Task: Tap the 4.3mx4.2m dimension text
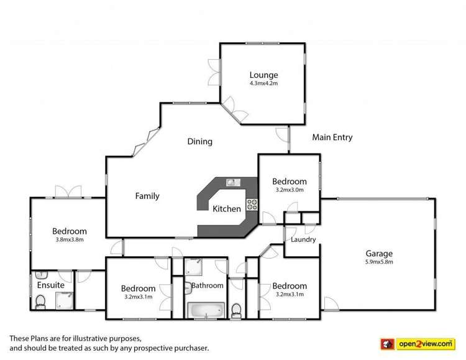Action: (x=263, y=83)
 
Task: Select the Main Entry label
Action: (x=332, y=137)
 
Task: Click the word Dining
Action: (x=200, y=141)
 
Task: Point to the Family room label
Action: (x=147, y=196)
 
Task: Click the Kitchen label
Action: (x=227, y=209)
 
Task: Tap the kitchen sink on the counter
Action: (x=234, y=182)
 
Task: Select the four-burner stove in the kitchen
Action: (x=252, y=203)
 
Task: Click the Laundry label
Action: (x=303, y=239)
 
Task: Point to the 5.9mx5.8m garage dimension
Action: (x=378, y=262)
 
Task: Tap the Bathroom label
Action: (x=207, y=285)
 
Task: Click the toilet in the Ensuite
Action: (x=40, y=302)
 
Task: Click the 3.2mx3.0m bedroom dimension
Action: (x=289, y=190)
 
